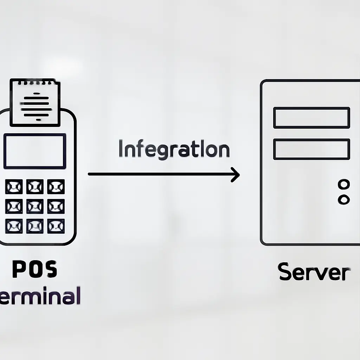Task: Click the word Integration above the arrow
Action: tap(174, 149)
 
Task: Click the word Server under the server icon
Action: tap(314, 272)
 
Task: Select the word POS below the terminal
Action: tap(34, 270)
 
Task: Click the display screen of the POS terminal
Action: tap(34, 151)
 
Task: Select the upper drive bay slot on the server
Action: tap(311, 118)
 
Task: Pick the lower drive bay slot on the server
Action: tap(311, 149)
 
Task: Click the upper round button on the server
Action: tap(343, 184)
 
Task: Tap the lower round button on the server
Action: tap(343, 200)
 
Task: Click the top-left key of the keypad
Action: tap(14, 187)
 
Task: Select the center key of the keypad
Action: tap(35, 206)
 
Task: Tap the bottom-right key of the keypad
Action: tap(56, 226)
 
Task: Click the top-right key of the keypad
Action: tap(56, 187)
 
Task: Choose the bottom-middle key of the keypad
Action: tap(35, 226)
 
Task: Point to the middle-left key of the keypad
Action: tap(14, 206)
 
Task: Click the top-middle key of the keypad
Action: tap(35, 187)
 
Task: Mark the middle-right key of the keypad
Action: tap(56, 206)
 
